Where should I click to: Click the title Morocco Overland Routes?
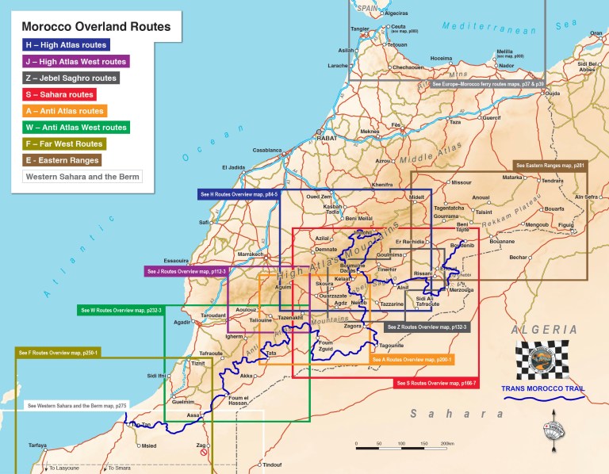click(96, 26)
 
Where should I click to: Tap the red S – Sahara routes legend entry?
click(61, 94)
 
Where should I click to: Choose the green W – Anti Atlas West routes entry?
click(75, 127)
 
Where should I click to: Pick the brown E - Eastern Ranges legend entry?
click(62, 159)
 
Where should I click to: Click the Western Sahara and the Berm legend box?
click(82, 176)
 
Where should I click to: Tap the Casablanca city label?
click(267, 150)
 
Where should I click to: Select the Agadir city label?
click(182, 323)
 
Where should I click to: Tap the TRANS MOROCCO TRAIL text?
click(544, 388)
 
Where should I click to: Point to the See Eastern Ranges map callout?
click(550, 166)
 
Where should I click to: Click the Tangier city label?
click(360, 29)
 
